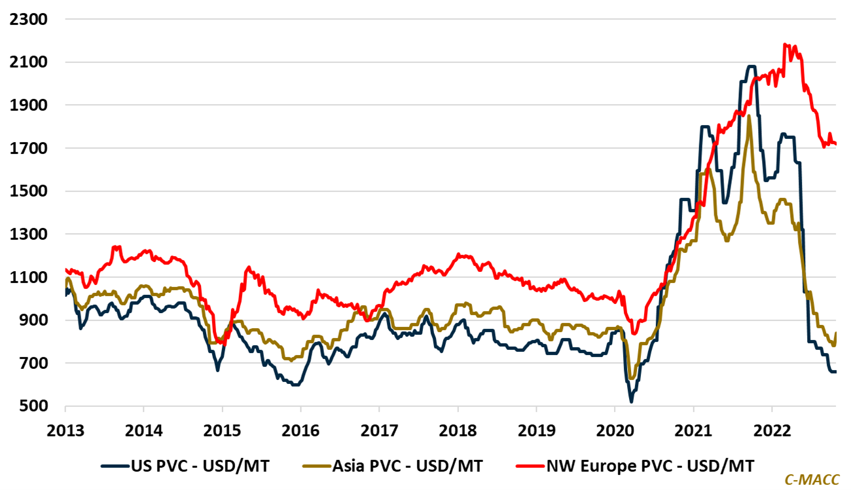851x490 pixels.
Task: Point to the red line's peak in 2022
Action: click(x=785, y=45)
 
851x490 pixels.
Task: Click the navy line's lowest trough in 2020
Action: click(x=631, y=402)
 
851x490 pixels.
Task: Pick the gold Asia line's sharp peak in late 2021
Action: click(x=748, y=117)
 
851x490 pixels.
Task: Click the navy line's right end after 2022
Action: click(x=836, y=371)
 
